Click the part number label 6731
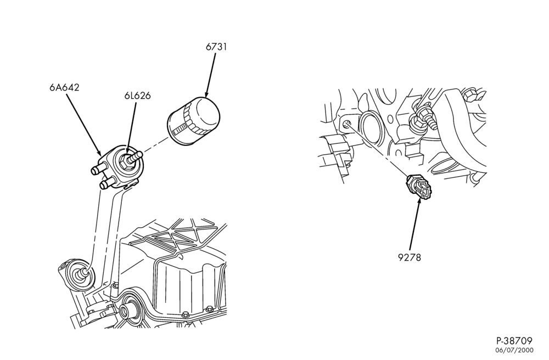click(x=216, y=47)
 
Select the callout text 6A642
click(x=64, y=87)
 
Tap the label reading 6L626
click(x=137, y=95)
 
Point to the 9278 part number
click(x=410, y=257)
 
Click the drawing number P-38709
click(x=515, y=341)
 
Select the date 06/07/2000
click(x=514, y=350)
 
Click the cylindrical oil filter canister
click(x=194, y=120)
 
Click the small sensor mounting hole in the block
click(x=346, y=124)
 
